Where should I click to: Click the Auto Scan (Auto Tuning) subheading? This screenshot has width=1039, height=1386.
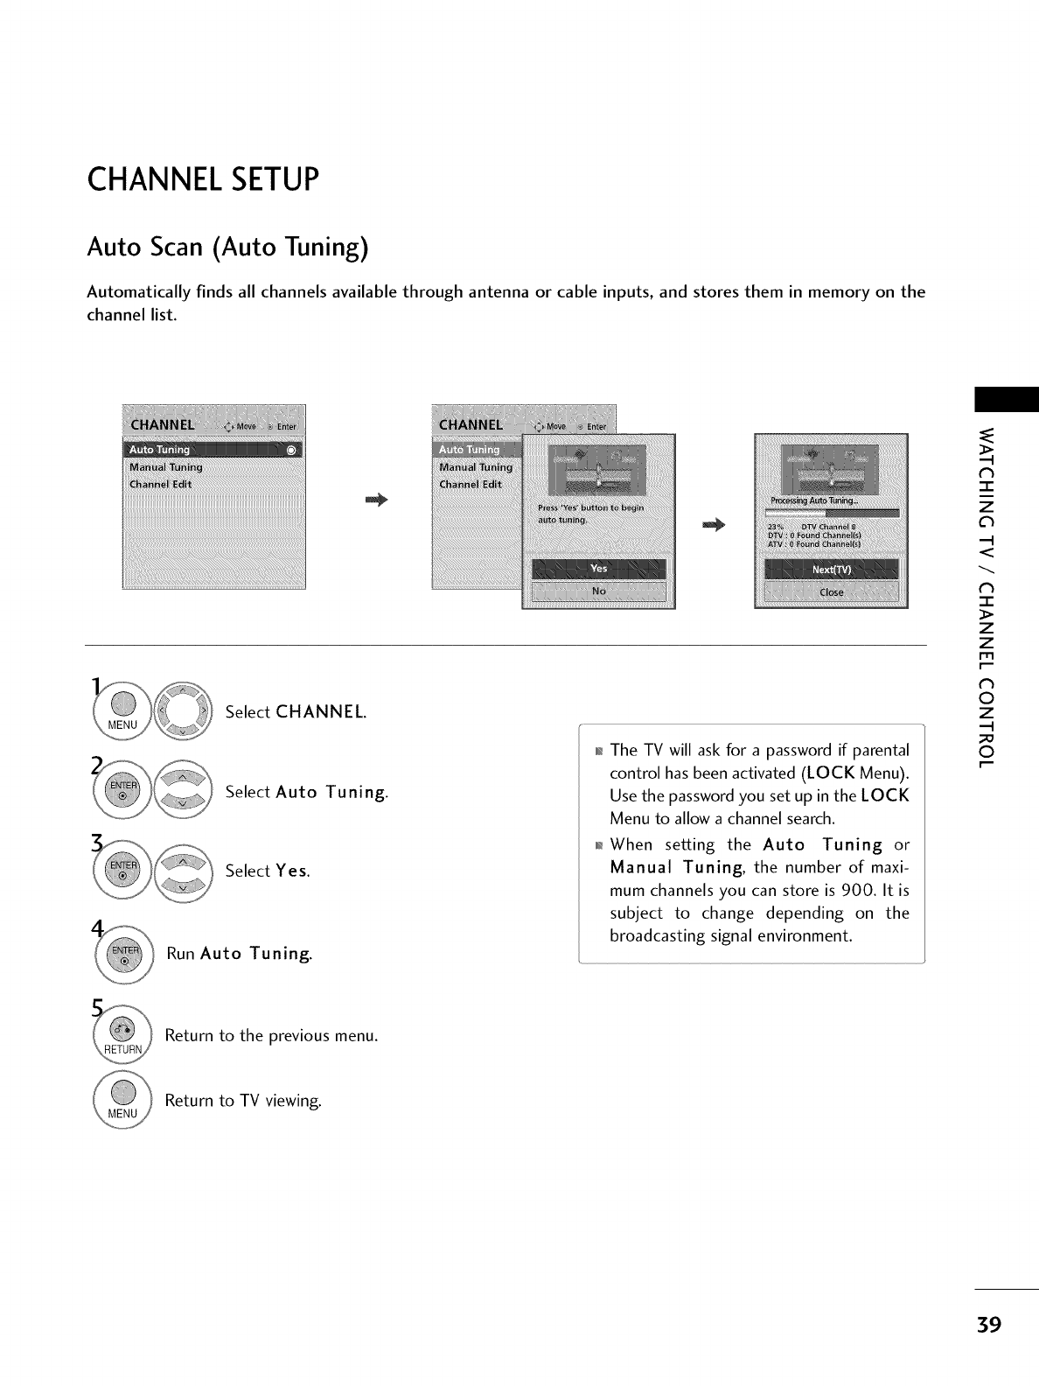point(227,248)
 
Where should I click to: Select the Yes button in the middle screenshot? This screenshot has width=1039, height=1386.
point(598,569)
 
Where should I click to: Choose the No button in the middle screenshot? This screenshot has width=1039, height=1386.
point(598,591)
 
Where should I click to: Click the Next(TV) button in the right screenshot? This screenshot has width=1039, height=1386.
point(830,569)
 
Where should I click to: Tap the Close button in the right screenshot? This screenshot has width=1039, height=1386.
point(830,591)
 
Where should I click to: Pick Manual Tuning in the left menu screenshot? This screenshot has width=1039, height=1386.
point(166,467)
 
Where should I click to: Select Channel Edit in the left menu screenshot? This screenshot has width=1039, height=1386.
point(160,484)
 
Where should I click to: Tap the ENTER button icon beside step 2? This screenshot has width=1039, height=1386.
point(123,792)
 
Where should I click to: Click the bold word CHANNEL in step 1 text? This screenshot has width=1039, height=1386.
point(319,712)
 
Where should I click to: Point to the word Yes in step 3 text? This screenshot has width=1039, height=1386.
point(291,871)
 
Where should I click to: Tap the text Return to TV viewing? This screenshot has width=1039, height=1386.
point(243,1101)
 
